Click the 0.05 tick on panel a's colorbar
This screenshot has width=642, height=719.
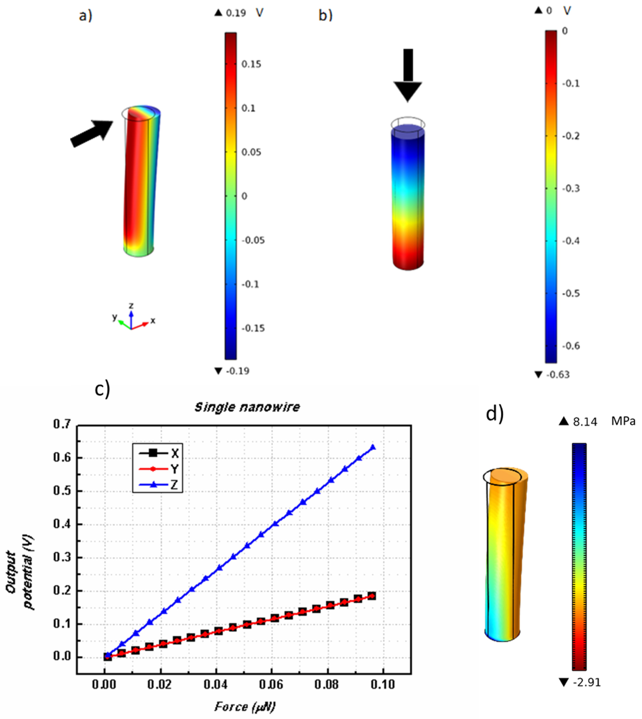[x=251, y=152]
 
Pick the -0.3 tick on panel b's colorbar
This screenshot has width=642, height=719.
[x=571, y=188]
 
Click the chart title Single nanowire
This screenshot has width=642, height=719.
[x=247, y=407]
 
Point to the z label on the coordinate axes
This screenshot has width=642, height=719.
[x=131, y=305]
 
